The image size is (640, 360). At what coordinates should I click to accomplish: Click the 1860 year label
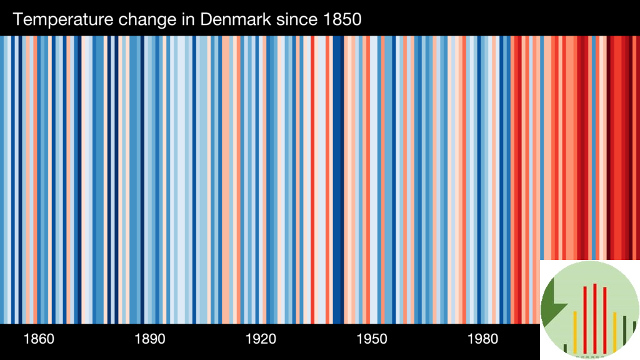[x=39, y=339]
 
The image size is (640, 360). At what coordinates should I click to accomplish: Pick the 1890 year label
[x=150, y=339]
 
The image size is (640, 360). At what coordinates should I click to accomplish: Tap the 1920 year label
[x=261, y=339]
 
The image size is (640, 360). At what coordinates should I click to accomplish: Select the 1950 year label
[x=372, y=339]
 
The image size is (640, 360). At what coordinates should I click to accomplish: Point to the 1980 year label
[x=483, y=339]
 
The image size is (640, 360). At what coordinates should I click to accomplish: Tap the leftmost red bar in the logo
[x=585, y=319]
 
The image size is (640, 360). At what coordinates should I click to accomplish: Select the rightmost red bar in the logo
[x=605, y=319]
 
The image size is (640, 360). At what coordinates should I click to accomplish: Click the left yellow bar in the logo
[x=575, y=331]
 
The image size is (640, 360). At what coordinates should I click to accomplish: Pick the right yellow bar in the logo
[x=615, y=332]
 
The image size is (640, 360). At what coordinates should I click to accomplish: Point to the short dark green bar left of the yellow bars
[x=565, y=348]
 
